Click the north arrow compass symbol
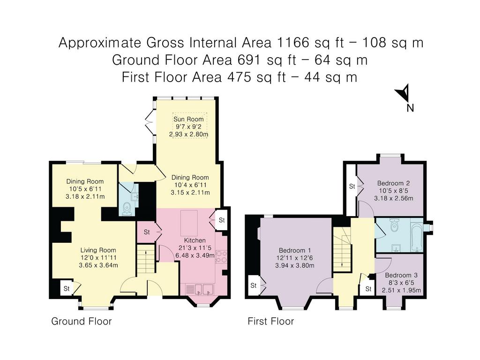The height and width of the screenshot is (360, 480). pos(404,93)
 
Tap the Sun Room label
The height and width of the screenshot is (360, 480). pos(188,119)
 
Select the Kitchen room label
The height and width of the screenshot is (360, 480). pos(195,240)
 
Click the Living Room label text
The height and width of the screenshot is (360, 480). pos(98,250)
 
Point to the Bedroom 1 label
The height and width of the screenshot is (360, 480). pos(294,250)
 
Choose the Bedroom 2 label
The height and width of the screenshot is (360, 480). pos(393,183)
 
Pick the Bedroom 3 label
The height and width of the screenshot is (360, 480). pos(401,275)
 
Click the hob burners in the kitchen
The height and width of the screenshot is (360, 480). pos(221,256)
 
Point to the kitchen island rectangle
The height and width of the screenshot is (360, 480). pos(189,223)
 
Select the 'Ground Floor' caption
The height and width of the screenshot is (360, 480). pos(82,321)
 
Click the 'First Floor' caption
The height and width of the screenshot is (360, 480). pos(270,321)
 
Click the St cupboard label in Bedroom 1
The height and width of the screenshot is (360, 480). pos(254,285)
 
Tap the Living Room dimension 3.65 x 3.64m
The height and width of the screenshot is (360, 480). pos(98,265)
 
